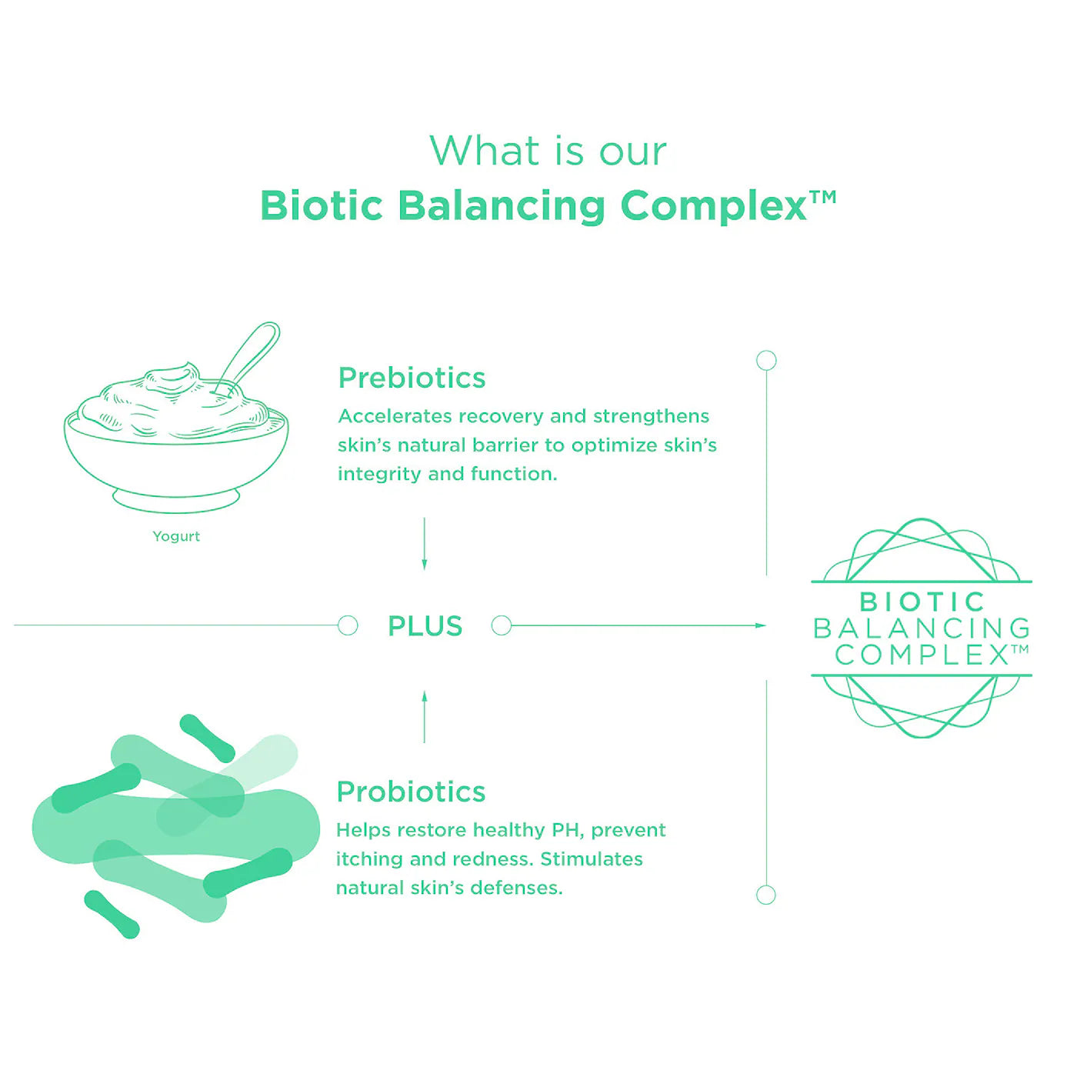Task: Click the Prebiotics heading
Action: [x=412, y=378]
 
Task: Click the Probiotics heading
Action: [x=411, y=792]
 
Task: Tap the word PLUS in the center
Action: [x=425, y=626]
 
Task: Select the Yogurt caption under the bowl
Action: [x=176, y=536]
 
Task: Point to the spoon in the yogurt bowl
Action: [x=246, y=358]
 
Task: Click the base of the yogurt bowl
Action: [x=176, y=500]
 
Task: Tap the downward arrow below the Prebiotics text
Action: [x=424, y=544]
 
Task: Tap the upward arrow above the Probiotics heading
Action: [x=424, y=717]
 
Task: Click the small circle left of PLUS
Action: [x=348, y=625]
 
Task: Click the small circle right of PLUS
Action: [x=502, y=625]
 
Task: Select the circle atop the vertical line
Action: [x=766, y=361]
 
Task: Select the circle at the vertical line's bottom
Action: [x=765, y=895]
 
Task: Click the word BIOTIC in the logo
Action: [x=922, y=602]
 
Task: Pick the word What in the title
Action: [x=481, y=151]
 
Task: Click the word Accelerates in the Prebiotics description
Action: [x=395, y=416]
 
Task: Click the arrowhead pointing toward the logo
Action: [x=760, y=625]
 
